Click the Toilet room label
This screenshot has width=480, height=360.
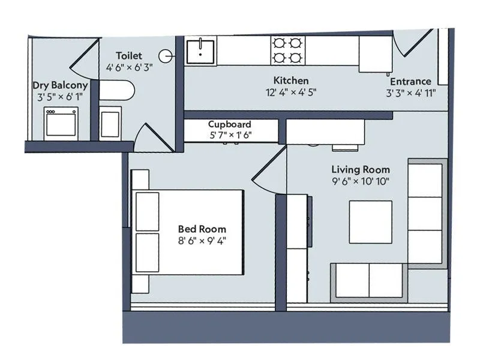(x=130, y=56)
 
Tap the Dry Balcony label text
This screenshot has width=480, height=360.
(x=60, y=85)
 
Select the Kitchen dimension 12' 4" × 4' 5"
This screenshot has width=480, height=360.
(x=291, y=92)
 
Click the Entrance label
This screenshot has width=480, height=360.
(x=410, y=82)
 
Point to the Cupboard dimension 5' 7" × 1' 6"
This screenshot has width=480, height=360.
(x=230, y=135)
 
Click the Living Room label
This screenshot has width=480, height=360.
(x=361, y=170)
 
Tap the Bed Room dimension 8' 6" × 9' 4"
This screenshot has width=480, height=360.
(x=202, y=241)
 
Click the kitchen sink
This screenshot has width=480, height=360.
(x=200, y=50)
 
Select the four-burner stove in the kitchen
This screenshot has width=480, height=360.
(x=287, y=50)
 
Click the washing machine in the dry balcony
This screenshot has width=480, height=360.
(x=61, y=123)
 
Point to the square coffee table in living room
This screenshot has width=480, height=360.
(x=370, y=222)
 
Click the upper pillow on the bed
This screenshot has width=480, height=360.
(x=147, y=211)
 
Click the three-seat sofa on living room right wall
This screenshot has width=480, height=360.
(x=426, y=213)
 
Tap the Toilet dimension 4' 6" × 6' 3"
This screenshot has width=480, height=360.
(x=130, y=68)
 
